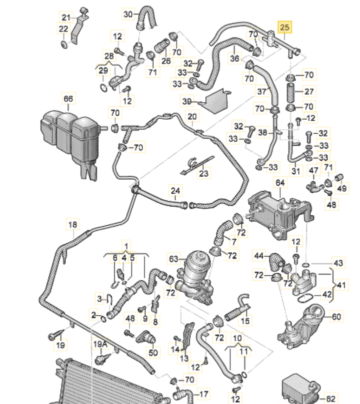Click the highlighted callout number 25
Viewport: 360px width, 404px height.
click(285, 27)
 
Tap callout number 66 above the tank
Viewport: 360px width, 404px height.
click(67, 99)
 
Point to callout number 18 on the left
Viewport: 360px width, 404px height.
click(73, 224)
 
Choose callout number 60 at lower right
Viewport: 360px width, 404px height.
click(336, 316)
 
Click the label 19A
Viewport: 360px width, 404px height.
click(100, 344)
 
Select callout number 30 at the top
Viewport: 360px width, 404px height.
click(127, 14)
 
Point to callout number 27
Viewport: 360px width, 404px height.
click(309, 92)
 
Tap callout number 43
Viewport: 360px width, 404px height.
click(338, 263)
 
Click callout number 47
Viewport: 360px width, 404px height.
click(313, 171)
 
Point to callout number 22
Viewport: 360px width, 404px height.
click(63, 29)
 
